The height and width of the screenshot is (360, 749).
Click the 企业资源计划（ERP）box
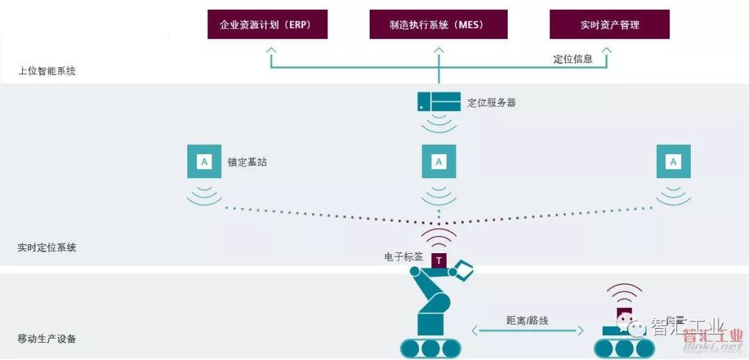click(268, 24)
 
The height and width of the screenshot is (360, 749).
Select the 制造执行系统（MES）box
click(438, 24)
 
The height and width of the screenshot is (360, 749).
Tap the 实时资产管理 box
click(609, 24)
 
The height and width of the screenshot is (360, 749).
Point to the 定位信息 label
click(573, 59)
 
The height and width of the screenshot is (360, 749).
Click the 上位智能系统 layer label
click(47, 71)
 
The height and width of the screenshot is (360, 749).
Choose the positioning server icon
click(439, 102)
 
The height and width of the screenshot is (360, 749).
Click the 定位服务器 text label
click(492, 103)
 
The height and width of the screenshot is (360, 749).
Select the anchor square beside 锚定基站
click(204, 162)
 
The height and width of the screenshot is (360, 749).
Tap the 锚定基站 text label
click(247, 162)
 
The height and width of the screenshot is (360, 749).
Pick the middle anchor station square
click(439, 162)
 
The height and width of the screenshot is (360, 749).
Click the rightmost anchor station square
click(673, 162)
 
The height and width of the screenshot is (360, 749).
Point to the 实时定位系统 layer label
click(47, 248)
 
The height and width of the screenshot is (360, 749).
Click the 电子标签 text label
click(404, 257)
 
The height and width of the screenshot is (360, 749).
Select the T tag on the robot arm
click(439, 261)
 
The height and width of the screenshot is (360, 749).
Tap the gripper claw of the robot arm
click(463, 271)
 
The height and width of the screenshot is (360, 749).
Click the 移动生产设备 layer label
click(47, 339)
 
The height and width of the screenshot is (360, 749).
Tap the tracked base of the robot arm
click(431, 347)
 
